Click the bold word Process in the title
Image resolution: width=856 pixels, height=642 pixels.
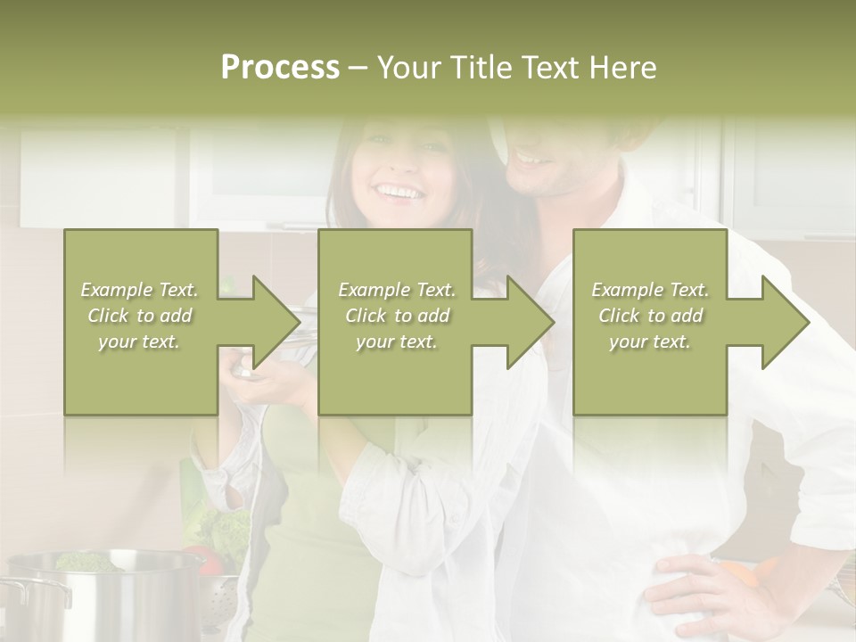pyautogui.click(x=280, y=67)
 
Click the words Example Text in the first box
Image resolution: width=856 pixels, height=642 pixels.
pyautogui.click(x=139, y=290)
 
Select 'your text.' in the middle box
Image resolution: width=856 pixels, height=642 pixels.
pyautogui.click(x=396, y=342)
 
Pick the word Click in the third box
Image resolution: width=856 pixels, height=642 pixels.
pyautogui.click(x=620, y=316)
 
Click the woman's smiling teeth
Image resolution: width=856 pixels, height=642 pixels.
pyautogui.click(x=399, y=191)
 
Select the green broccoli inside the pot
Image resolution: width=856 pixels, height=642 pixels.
pyautogui.click(x=85, y=562)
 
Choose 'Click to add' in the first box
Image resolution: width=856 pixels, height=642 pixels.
pyautogui.click(x=139, y=316)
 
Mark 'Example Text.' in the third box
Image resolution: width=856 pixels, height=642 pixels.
pyautogui.click(x=649, y=290)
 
